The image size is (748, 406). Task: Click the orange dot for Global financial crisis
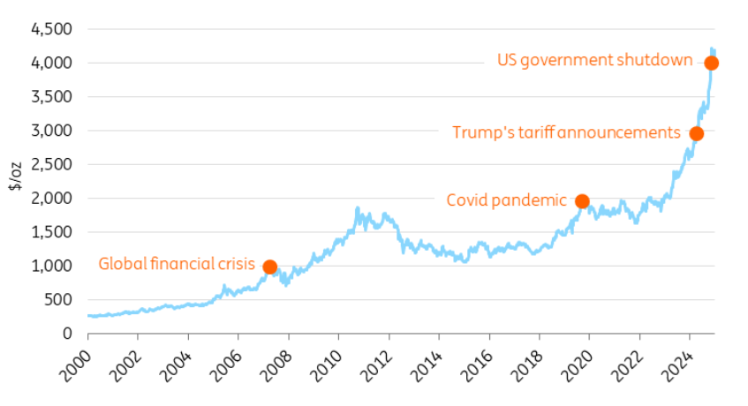coord(270,267)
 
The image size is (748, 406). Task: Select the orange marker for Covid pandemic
coord(582,201)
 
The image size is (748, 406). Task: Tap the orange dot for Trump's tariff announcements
coord(696,134)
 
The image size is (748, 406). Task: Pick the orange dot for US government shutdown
coord(711,63)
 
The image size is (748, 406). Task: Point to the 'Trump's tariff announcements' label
coord(566,133)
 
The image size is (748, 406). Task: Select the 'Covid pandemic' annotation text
coord(506,200)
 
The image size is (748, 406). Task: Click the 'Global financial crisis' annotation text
coord(176,264)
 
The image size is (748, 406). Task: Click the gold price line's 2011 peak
coord(357,208)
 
